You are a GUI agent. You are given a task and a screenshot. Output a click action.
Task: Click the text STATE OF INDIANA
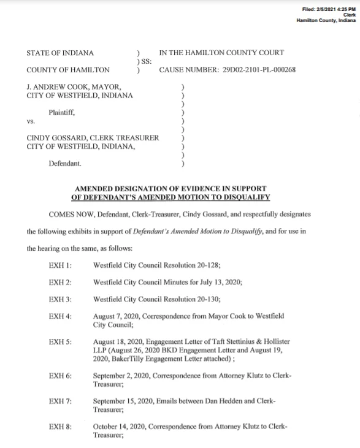click(x=59, y=53)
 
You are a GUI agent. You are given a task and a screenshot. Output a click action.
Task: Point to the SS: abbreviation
click(x=146, y=61)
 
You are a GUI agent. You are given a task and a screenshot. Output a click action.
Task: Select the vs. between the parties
click(x=31, y=121)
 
